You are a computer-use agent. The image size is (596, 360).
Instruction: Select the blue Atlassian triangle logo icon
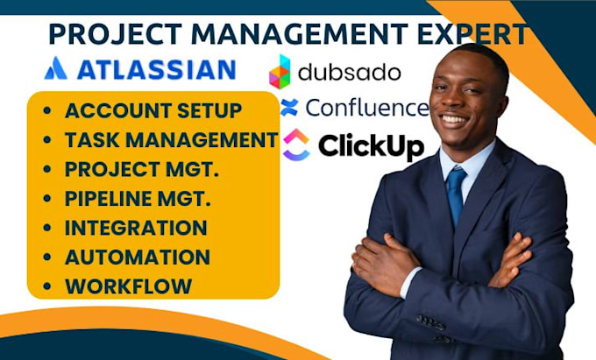[55, 68]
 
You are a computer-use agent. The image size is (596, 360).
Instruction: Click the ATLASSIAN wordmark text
[155, 69]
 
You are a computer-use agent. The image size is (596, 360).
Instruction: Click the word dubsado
[348, 71]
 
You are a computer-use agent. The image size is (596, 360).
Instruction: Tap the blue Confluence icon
[289, 108]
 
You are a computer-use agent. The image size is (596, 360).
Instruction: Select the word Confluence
[365, 109]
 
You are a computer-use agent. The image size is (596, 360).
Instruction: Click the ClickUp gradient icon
[295, 145]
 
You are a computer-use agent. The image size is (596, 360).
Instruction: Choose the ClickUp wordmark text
[371, 145]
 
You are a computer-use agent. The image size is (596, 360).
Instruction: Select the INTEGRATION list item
[136, 228]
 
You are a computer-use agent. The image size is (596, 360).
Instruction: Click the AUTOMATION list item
[137, 257]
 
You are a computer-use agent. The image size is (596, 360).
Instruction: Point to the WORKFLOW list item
[128, 286]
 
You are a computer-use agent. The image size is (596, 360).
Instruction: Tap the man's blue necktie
[456, 194]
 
